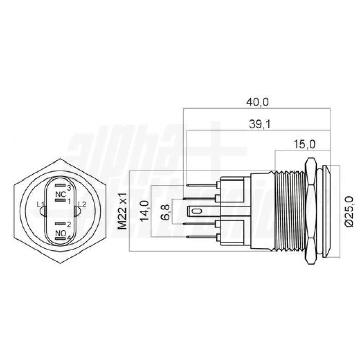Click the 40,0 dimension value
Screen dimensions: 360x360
point(258,102)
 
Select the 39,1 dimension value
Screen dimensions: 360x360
point(258,124)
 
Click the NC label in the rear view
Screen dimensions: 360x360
point(59,194)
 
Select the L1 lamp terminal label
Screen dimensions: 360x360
point(41,204)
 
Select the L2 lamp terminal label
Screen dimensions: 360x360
point(82,204)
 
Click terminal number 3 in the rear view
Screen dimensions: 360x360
point(69,189)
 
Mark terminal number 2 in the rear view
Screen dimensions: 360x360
point(69,224)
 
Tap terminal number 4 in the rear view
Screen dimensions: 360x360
point(69,237)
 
